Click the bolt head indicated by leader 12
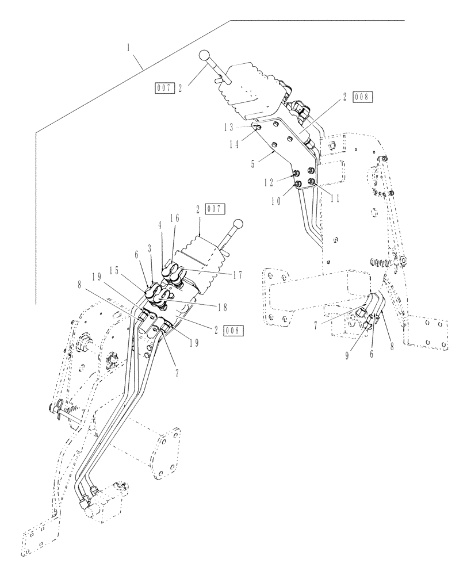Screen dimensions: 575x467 pyautogui.click(x=296, y=173)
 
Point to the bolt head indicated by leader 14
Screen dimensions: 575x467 pyautogui.click(x=259, y=128)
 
